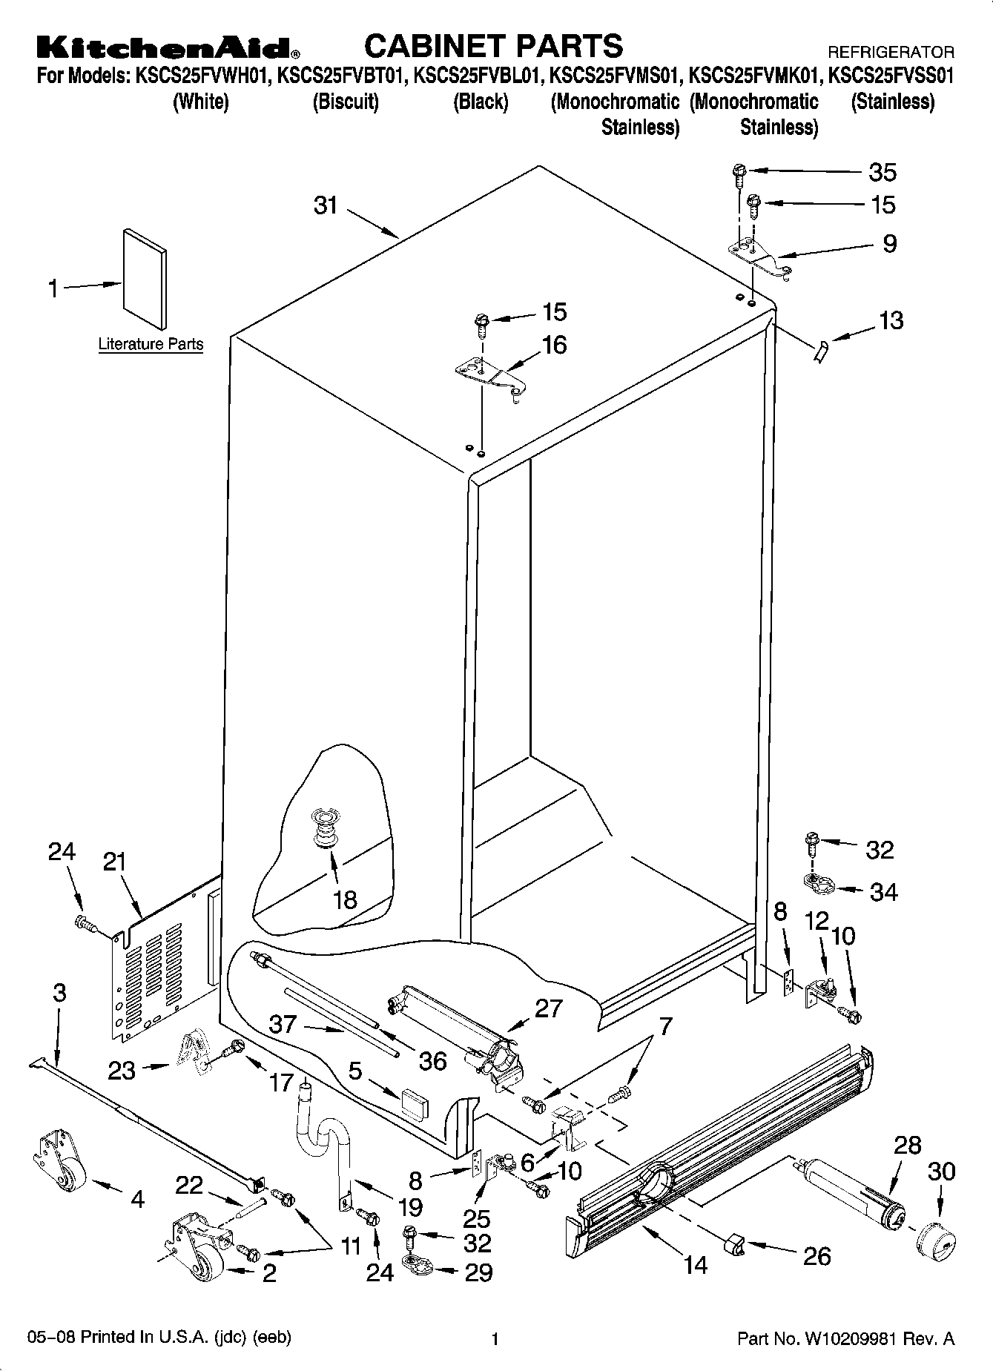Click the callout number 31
pyautogui.click(x=326, y=205)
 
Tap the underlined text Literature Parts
pyautogui.click(x=151, y=345)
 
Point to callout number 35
pyautogui.click(x=883, y=172)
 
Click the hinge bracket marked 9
pyautogui.click(x=760, y=257)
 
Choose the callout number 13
pyautogui.click(x=891, y=320)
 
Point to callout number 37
pyautogui.click(x=283, y=1025)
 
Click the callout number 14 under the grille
pyautogui.click(x=695, y=1264)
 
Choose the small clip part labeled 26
pyautogui.click(x=733, y=1244)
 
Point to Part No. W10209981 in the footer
pyautogui.click(x=845, y=1340)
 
